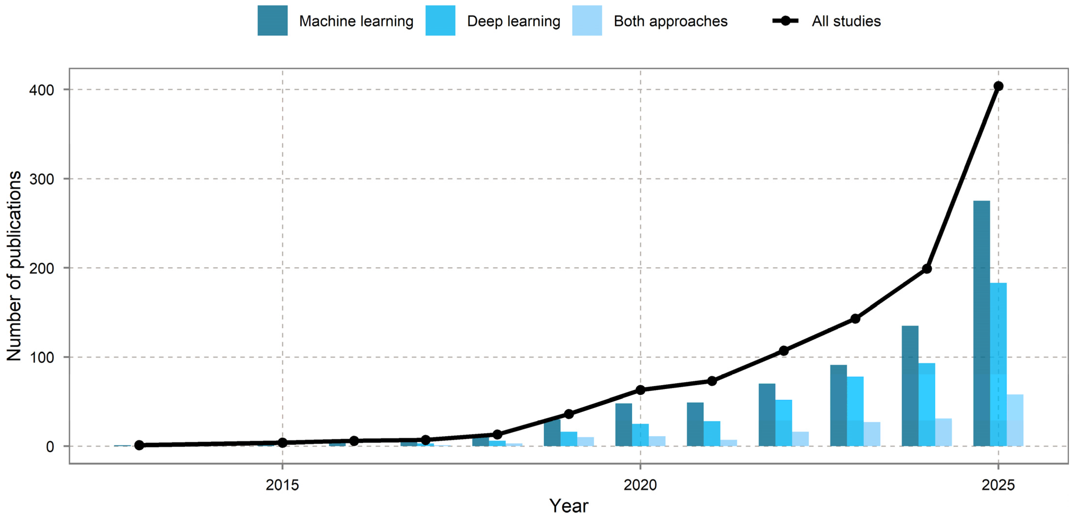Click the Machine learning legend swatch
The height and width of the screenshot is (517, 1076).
272,20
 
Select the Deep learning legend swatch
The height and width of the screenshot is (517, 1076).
440,20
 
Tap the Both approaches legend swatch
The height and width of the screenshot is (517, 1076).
587,20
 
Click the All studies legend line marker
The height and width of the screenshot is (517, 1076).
785,20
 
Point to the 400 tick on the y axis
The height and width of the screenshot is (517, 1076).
42,90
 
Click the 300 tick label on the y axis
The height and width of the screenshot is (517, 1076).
42,179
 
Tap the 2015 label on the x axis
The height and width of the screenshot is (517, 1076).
282,485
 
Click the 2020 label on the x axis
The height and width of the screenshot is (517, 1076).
640,485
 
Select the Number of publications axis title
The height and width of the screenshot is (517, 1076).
14,266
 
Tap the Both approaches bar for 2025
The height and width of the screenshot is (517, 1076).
1015,420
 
